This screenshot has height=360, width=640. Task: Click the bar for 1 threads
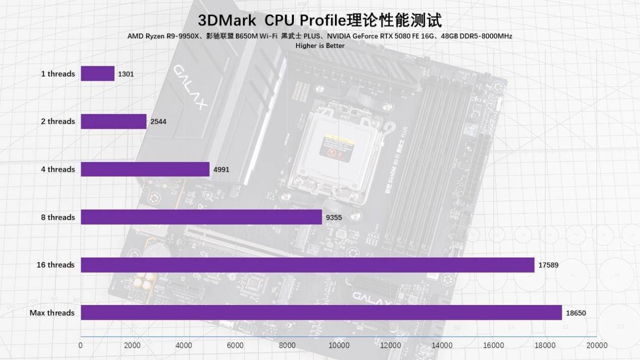coord(97,74)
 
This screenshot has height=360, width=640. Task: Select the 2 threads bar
coord(114,121)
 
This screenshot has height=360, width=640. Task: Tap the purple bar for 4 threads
coord(145,169)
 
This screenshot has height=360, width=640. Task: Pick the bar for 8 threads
coord(201,217)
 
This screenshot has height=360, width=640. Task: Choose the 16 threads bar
coord(307,265)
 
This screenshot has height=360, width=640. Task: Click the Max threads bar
coord(321,313)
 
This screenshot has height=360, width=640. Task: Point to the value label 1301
coord(126,74)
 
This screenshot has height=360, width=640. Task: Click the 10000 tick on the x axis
coord(339,346)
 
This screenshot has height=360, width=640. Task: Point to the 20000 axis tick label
coord(597,346)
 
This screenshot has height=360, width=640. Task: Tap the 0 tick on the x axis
coord(81,346)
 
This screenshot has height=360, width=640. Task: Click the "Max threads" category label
coord(52,313)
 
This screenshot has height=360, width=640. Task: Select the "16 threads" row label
coord(56,265)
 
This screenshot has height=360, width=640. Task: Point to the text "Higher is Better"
coord(320,46)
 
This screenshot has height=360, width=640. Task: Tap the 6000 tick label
coord(235,346)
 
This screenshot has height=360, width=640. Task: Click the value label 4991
coord(221,169)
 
